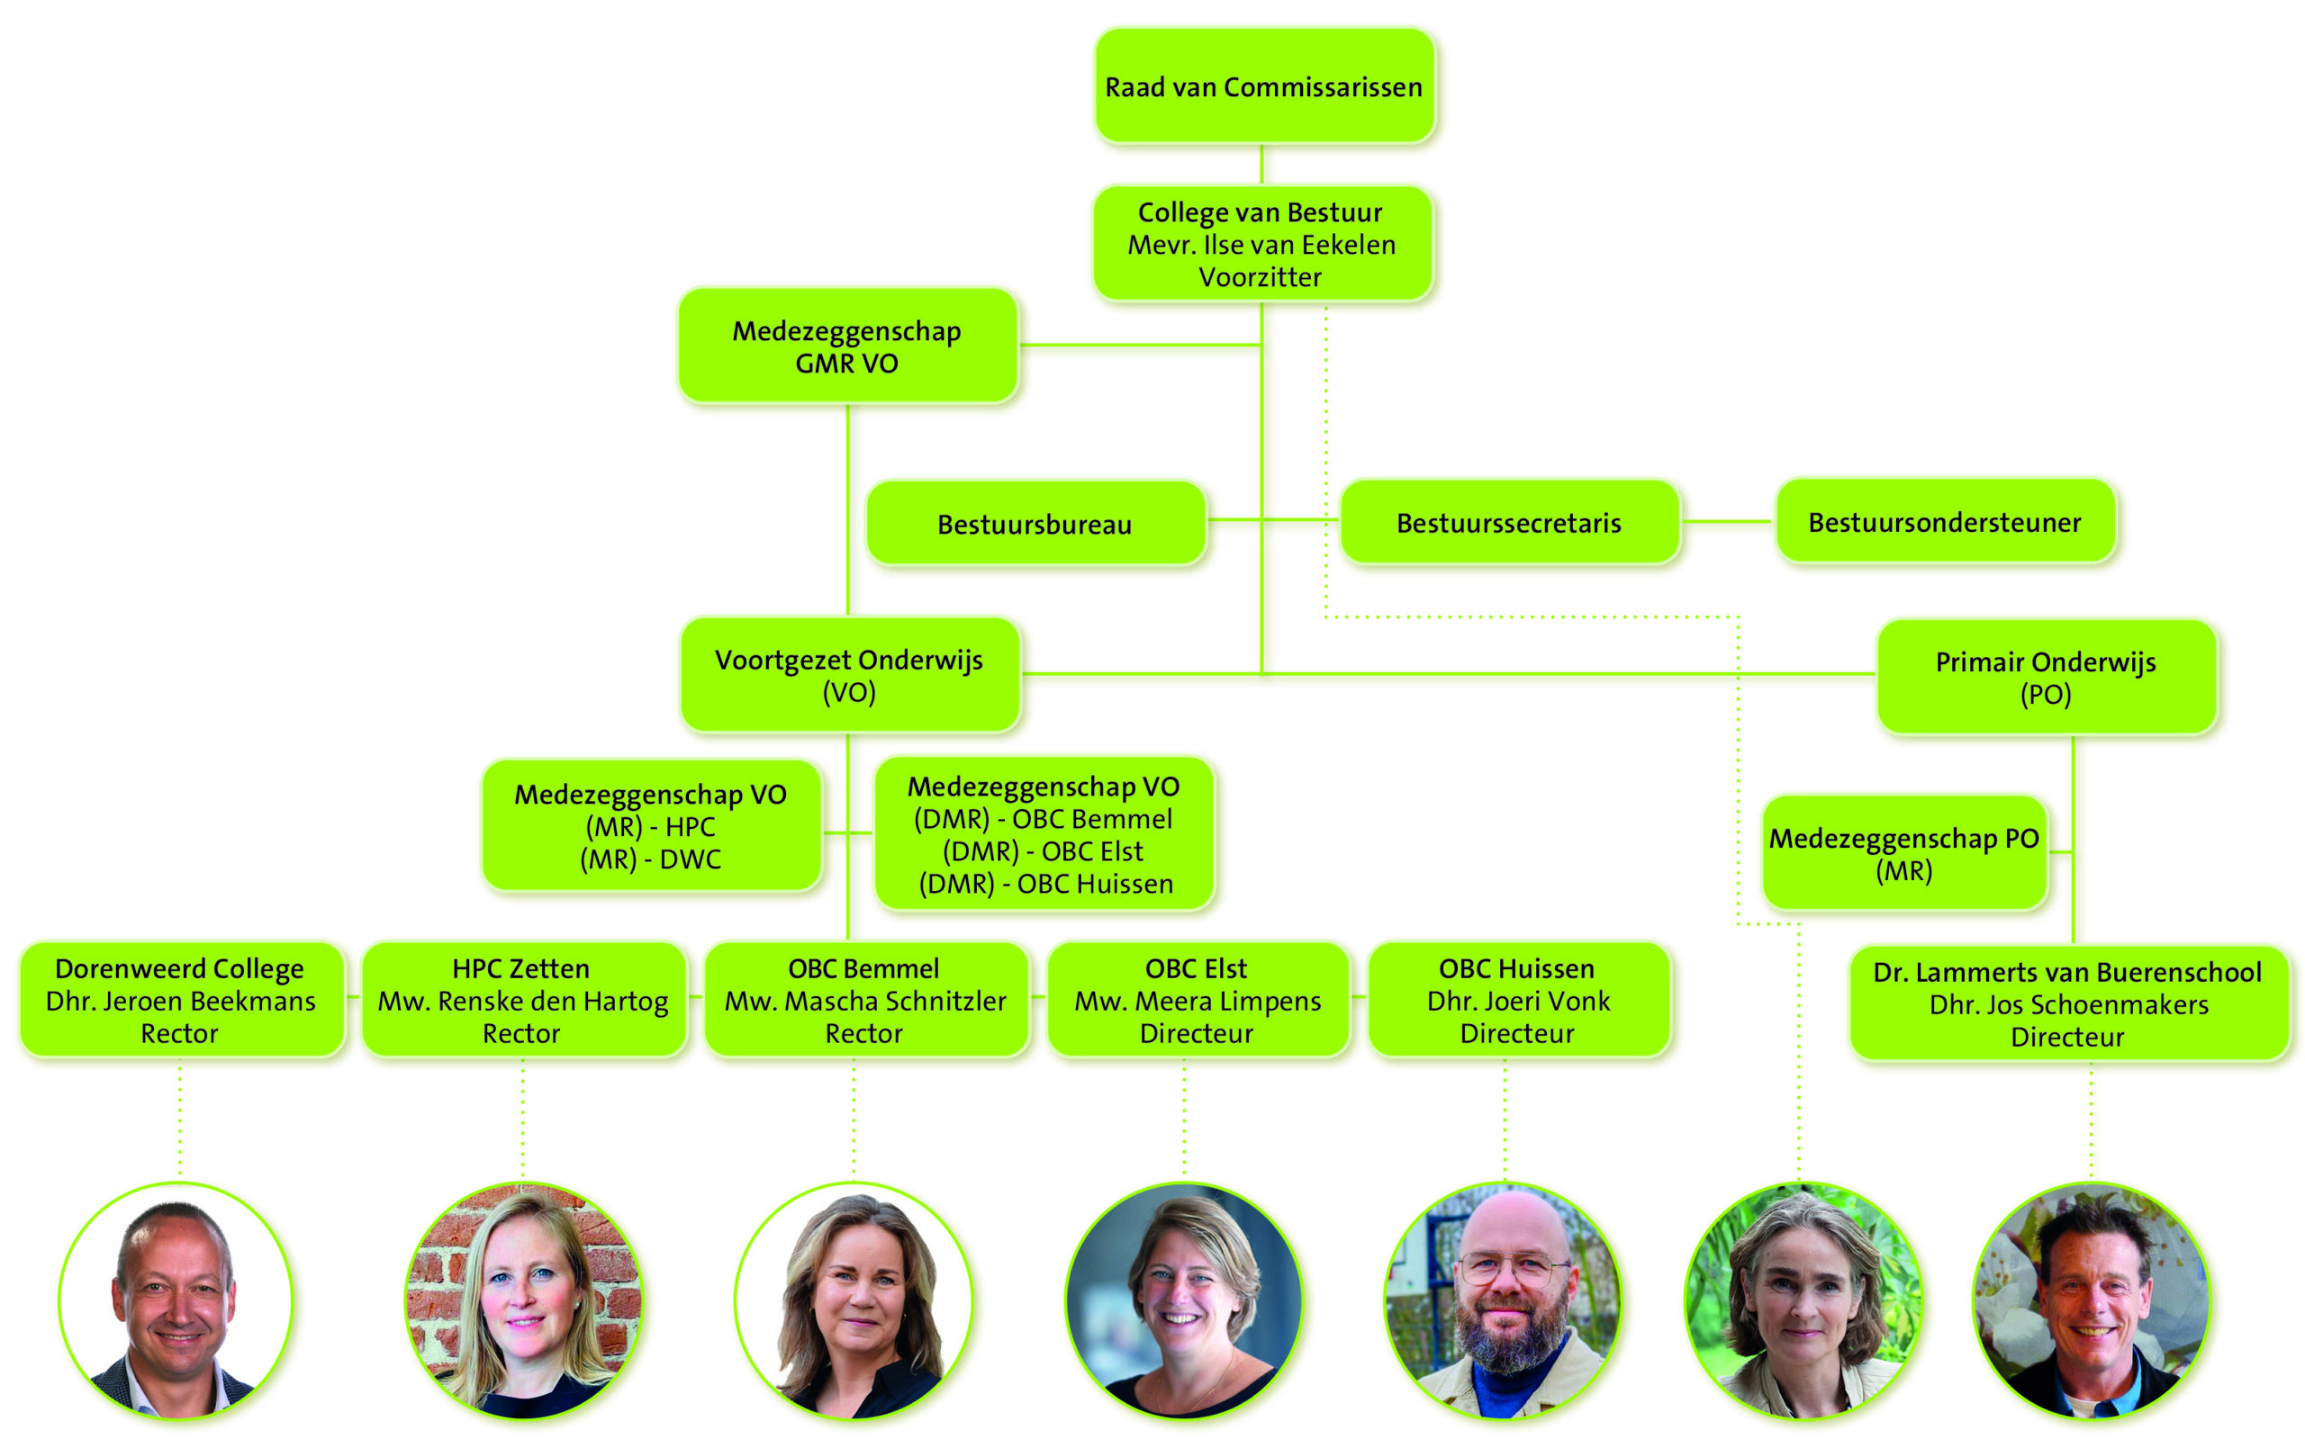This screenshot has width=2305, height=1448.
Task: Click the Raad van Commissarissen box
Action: point(1263,86)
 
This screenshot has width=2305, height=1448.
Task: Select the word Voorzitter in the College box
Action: point(1260,277)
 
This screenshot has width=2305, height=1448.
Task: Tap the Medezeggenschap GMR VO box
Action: point(847,346)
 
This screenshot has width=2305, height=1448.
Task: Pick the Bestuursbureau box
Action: point(1035,525)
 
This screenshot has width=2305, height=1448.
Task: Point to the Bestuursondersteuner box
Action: point(1944,523)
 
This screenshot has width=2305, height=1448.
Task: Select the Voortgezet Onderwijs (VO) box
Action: point(849,676)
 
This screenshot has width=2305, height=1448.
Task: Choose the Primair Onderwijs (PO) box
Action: point(2046,678)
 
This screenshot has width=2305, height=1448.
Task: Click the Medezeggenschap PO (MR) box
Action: point(1904,854)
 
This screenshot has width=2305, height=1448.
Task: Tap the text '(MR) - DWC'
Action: point(651,859)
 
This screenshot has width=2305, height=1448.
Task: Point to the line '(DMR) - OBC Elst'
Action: point(1044,851)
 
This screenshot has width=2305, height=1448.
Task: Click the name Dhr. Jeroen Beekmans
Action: point(180,1001)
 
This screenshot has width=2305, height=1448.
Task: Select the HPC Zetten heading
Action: point(521,968)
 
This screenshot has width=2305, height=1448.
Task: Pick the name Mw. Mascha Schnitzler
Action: point(865,1001)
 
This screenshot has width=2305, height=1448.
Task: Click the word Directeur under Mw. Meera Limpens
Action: point(1197,1034)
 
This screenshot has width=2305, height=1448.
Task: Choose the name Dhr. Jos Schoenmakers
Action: point(2068,1005)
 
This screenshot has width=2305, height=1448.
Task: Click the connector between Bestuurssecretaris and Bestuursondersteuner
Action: point(1728,523)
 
